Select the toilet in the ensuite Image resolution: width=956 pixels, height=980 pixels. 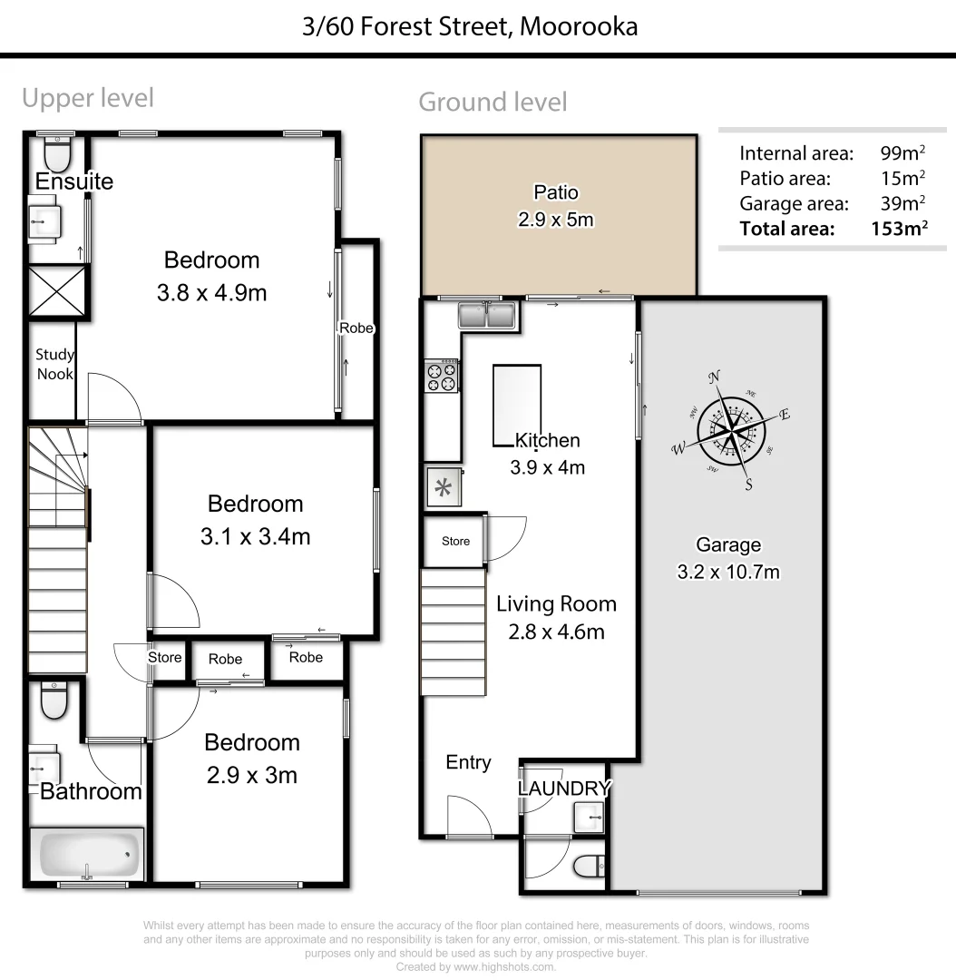click(56, 154)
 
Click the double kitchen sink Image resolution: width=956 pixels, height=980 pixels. click(487, 316)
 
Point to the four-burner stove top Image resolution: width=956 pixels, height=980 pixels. click(443, 377)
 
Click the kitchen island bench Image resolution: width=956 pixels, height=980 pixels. click(517, 405)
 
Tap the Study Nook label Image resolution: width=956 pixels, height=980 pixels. click(54, 364)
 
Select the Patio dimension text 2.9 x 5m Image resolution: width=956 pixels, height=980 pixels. click(556, 219)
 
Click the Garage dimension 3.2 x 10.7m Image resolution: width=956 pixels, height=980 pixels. click(728, 572)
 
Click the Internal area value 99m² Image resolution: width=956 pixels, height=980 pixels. click(902, 152)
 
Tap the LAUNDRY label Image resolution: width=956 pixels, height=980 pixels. click(564, 788)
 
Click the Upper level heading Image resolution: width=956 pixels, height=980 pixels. click(88, 98)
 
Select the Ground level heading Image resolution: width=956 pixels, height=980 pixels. click(493, 103)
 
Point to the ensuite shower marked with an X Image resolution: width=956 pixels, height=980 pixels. click(58, 292)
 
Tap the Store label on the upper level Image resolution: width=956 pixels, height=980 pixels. click(165, 657)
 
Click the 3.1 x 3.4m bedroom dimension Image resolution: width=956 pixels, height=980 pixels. click(255, 536)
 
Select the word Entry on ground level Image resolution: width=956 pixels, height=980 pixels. click(468, 762)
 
